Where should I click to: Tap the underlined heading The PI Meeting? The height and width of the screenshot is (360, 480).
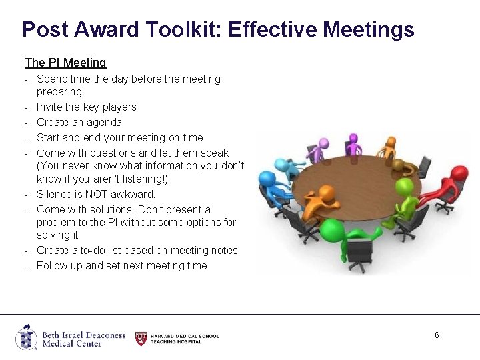point(65,63)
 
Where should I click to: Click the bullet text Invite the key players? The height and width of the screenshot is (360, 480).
point(86,107)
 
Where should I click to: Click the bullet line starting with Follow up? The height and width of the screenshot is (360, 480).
point(121,266)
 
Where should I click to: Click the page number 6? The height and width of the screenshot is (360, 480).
point(437,335)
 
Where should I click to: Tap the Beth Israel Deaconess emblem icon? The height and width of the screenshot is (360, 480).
point(27,337)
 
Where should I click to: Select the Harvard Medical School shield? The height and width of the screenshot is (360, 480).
point(141,338)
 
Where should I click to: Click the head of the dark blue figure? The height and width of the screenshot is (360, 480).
point(267,178)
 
